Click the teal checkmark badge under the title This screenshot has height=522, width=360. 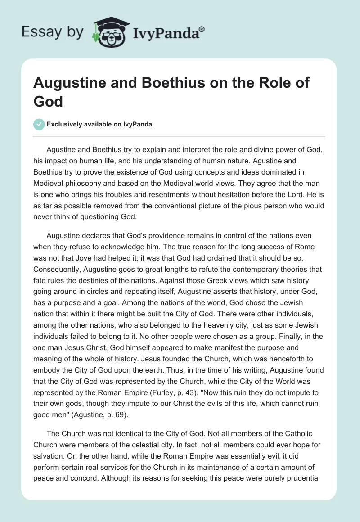click(x=39, y=124)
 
